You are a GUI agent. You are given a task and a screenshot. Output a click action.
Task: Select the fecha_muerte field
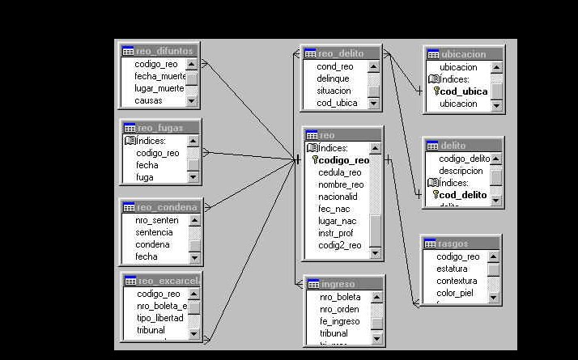159,76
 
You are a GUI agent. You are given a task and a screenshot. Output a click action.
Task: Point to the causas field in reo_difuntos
149,101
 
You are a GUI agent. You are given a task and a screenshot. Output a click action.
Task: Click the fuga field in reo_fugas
145,177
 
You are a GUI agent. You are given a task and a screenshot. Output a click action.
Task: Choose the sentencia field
154,232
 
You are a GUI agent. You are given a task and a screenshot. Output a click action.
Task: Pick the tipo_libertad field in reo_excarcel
159,318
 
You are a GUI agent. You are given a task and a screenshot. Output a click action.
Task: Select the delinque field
334,78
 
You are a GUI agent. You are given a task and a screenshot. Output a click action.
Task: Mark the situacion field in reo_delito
334,91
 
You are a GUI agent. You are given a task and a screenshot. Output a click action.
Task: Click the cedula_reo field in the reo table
339,172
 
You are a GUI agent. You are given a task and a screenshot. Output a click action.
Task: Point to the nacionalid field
338,197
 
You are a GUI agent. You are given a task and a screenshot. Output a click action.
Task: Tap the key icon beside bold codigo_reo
315,160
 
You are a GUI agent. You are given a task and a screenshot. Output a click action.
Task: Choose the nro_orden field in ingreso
340,309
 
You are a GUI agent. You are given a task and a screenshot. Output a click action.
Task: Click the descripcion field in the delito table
461,171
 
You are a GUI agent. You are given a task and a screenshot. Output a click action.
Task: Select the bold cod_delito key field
463,195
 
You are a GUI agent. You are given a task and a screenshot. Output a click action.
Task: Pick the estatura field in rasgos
452,269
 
